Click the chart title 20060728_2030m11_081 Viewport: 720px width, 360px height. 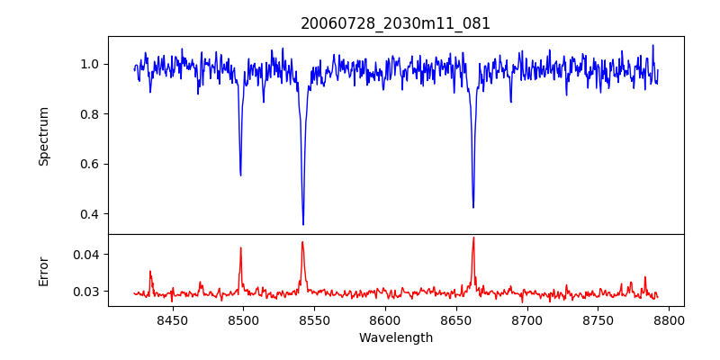[395, 23]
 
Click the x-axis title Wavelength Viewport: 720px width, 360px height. [395, 338]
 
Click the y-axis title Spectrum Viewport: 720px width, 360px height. [43, 136]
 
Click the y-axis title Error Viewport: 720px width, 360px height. [43, 270]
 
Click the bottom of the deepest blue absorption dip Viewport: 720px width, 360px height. [303, 224]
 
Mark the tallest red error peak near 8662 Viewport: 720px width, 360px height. [473, 238]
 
